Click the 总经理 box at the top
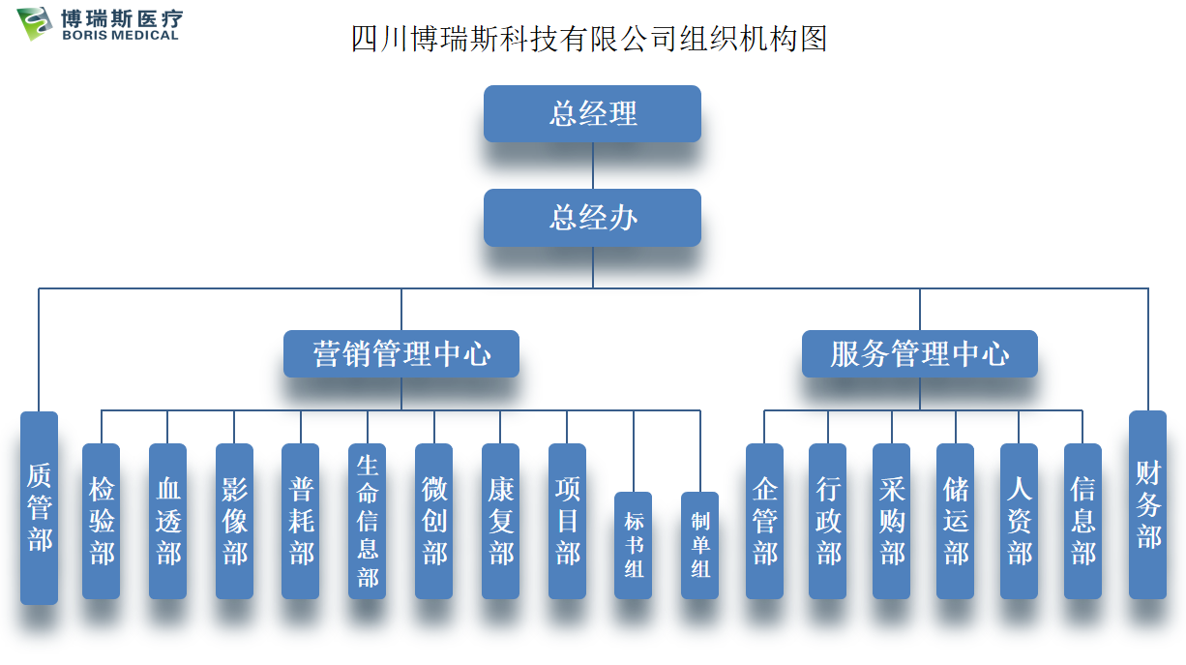click(x=592, y=114)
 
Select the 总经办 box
click(x=592, y=218)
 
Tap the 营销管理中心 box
click(x=400, y=354)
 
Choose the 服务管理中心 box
click(x=919, y=354)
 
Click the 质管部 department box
click(x=40, y=507)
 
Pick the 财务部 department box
click(x=1147, y=504)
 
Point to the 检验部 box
click(x=102, y=521)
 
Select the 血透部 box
click(x=167, y=521)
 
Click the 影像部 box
click(x=234, y=521)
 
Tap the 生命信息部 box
click(x=368, y=521)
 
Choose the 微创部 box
click(x=434, y=521)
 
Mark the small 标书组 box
click(x=634, y=545)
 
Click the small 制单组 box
click(x=700, y=545)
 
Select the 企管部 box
click(x=764, y=521)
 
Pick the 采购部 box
click(x=892, y=521)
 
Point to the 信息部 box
click(x=1082, y=521)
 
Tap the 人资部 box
click(x=1019, y=521)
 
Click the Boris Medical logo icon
click(x=36, y=23)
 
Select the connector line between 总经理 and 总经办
click(x=593, y=166)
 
